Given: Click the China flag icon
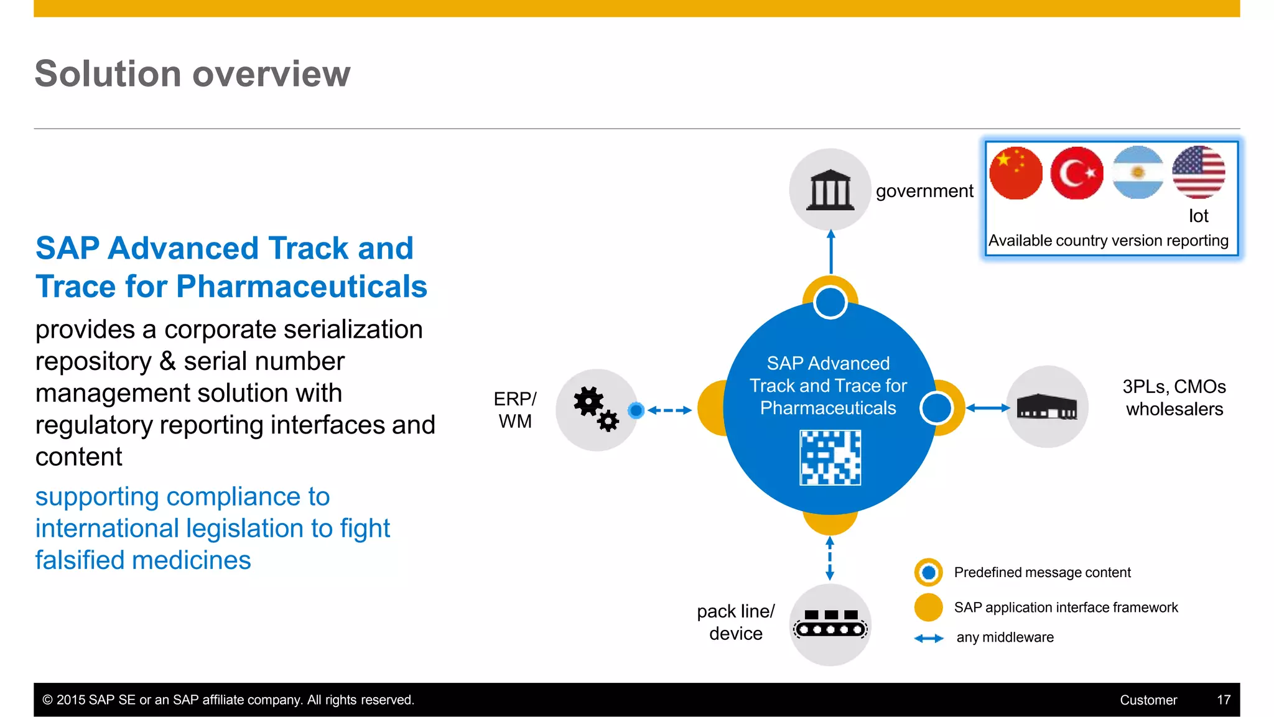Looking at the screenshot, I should pyautogui.click(x=1015, y=173).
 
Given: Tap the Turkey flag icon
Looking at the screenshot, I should pyautogui.click(x=1076, y=173).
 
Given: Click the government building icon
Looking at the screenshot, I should pyautogui.click(x=830, y=190).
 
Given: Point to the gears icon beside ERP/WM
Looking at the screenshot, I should pyautogui.click(x=596, y=409).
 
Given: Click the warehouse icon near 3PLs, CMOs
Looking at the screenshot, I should pyautogui.click(x=1046, y=407).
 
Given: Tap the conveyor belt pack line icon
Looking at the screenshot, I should pyautogui.click(x=830, y=624).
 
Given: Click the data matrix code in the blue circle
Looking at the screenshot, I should pyautogui.click(x=830, y=458).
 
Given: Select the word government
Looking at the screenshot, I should pyautogui.click(x=924, y=191).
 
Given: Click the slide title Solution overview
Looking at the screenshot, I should pyautogui.click(x=192, y=73).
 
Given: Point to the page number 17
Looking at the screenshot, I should pyautogui.click(x=1223, y=700).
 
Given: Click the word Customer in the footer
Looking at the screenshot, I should pyautogui.click(x=1148, y=700).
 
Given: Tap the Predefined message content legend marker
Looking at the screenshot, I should pyautogui.click(x=928, y=572).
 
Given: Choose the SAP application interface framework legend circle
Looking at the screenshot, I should pyautogui.click(x=928, y=607).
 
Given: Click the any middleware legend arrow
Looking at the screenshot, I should pyautogui.click(x=929, y=638).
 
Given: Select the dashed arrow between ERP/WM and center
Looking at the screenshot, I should pyautogui.click(x=669, y=410).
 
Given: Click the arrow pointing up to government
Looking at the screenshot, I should pyautogui.click(x=830, y=252).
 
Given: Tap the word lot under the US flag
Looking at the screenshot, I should pyautogui.click(x=1198, y=216).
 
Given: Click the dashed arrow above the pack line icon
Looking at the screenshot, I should pyautogui.click(x=830, y=558).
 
